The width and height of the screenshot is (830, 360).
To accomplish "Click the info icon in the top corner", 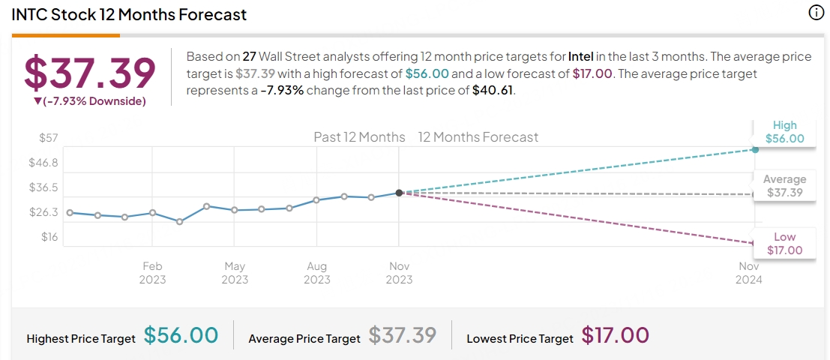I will [816, 13].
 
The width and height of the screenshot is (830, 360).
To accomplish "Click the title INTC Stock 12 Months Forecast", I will [129, 14].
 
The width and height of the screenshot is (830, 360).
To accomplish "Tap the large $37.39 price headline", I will [90, 72].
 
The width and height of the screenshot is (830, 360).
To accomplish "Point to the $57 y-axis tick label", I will [49, 137].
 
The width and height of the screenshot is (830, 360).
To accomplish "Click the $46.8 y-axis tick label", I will [44, 162].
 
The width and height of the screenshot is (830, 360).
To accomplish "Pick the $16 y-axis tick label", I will [49, 237].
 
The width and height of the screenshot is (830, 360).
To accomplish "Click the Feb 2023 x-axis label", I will [152, 273].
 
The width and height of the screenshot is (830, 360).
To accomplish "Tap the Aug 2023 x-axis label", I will [317, 273].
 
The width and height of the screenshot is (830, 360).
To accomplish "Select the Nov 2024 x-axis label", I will [749, 273].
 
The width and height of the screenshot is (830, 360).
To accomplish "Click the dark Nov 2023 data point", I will [399, 193].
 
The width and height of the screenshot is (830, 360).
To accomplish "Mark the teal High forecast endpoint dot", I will [755, 150].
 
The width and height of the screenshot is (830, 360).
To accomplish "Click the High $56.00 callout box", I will [784, 132].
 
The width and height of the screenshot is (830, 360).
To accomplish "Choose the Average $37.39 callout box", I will [784, 186].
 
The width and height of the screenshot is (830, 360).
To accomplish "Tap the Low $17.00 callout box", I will [784, 244].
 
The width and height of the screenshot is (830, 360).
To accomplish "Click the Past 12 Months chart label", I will [359, 137].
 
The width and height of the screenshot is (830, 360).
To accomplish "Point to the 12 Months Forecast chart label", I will [478, 137].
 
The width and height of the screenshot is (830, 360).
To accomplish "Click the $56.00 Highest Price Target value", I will [181, 335].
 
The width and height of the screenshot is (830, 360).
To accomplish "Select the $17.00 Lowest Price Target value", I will [615, 335].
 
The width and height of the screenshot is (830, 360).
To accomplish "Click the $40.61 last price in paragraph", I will [493, 91].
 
